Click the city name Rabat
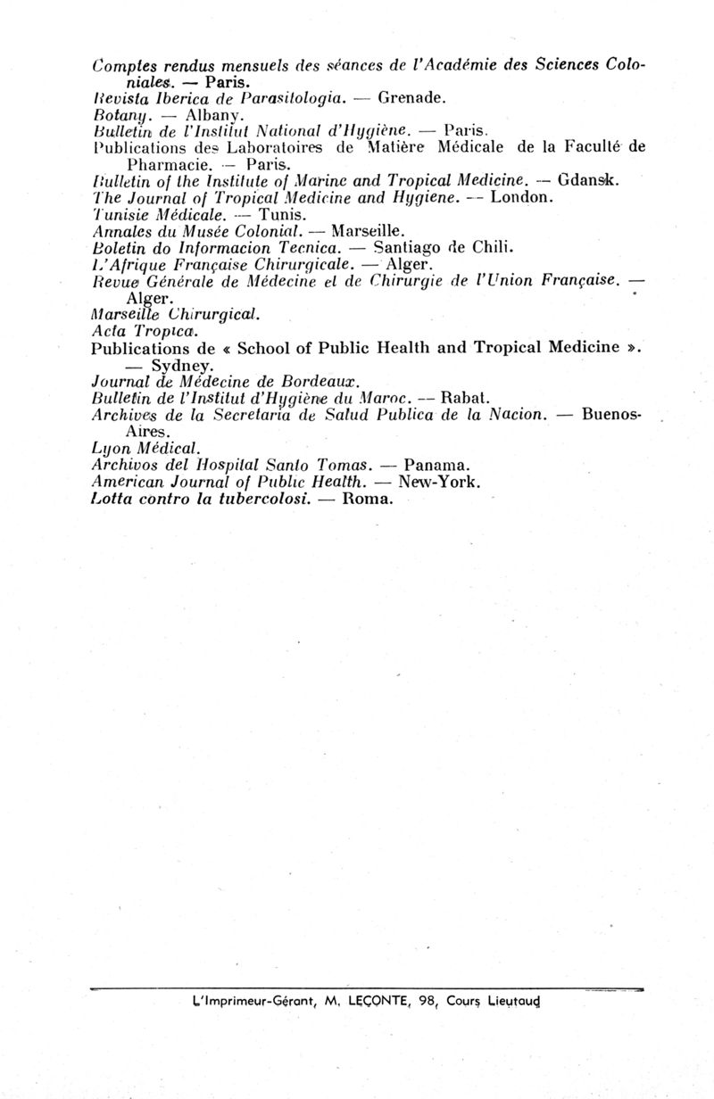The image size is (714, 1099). coord(464,398)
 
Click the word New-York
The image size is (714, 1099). coord(440,482)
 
